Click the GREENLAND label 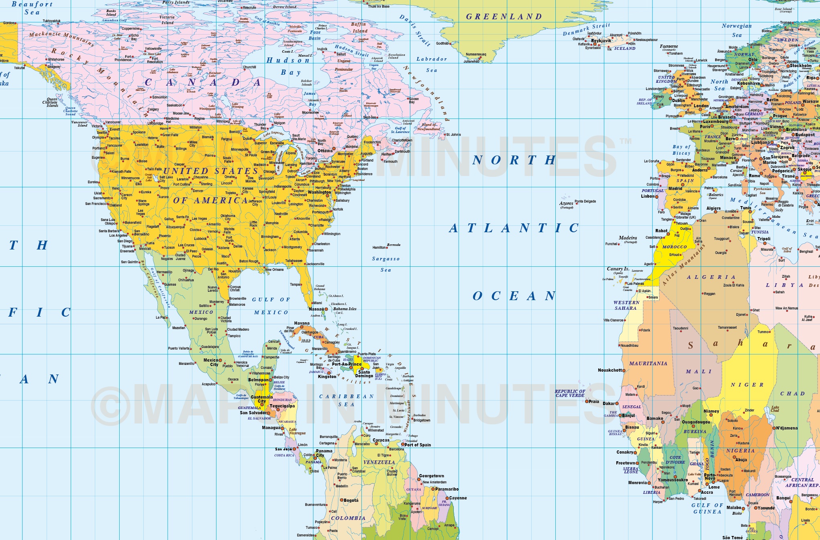[x=504, y=17]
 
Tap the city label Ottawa [x=325, y=151]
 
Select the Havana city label [x=302, y=323]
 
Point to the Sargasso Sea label [x=386, y=264]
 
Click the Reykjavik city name [x=601, y=41]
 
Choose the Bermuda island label [x=394, y=245]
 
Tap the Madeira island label [x=628, y=238]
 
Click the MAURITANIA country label [x=648, y=363]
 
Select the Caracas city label [x=381, y=440]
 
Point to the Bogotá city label [x=351, y=500]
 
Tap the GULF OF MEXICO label [x=271, y=306]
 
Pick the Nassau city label [x=316, y=309]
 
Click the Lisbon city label [x=648, y=196]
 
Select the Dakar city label [x=609, y=403]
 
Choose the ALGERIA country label [x=711, y=277]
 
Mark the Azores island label [x=566, y=203]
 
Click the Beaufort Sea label [x=32, y=8]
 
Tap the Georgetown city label [x=431, y=476]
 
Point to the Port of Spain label [x=418, y=445]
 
